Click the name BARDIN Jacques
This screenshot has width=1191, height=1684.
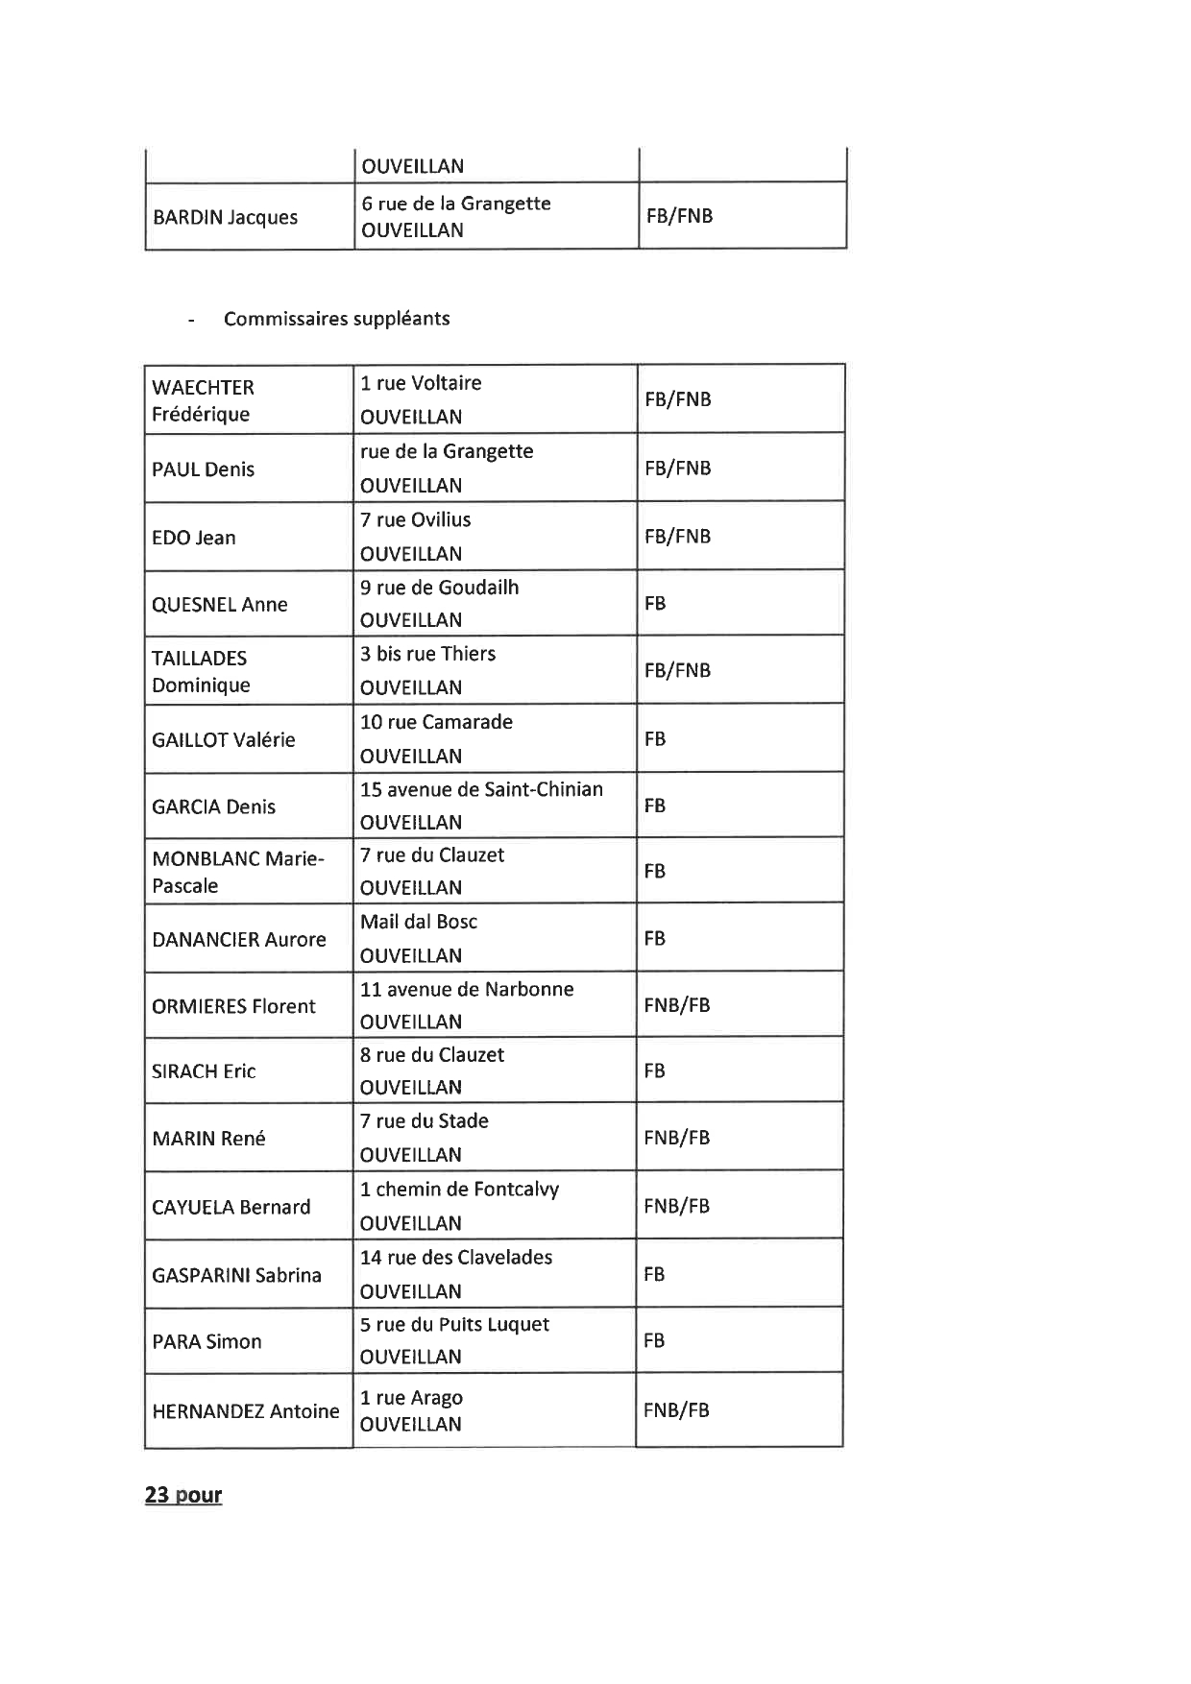coord(225,218)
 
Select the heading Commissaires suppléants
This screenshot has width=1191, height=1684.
coord(336,319)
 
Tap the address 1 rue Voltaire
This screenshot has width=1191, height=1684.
coord(421,383)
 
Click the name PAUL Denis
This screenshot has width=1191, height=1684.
coord(203,469)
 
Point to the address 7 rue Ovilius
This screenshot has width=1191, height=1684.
coord(415,519)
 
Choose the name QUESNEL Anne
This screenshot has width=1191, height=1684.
coord(219,605)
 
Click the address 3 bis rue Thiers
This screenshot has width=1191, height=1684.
coord(427,654)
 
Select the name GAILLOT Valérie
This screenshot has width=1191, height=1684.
coord(223,740)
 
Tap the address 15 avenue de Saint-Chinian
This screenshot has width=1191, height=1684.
coord(481,789)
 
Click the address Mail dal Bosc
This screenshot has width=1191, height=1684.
coord(418,922)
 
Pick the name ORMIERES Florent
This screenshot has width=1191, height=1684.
coord(233,1006)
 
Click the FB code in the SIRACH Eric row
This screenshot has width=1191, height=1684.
coord(654,1071)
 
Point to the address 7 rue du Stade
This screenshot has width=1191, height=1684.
coord(424,1121)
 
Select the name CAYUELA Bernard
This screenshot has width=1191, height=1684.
coord(231,1207)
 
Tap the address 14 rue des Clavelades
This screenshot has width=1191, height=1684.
coord(456,1257)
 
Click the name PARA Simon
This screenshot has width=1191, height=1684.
coord(207,1342)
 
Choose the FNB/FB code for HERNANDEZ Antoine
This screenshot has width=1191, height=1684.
coord(676,1410)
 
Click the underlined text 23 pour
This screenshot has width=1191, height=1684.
coord(183,1495)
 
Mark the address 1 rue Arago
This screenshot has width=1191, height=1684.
coord(411,1398)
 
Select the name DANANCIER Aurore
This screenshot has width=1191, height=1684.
coord(238,940)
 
